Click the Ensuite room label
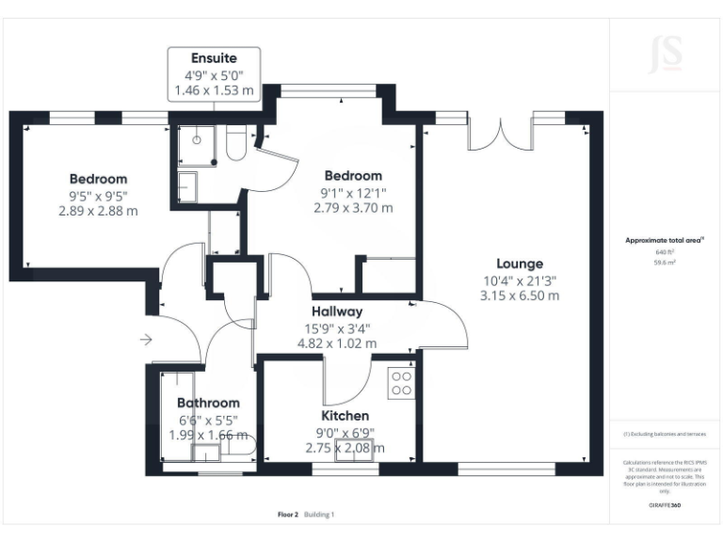click(214, 57)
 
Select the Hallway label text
click(336, 311)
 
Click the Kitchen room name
click(345, 415)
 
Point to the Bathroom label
click(209, 403)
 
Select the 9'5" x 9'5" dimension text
click(98, 196)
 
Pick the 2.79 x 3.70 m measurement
click(353, 208)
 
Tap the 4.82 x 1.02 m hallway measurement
click(336, 343)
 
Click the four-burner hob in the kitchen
click(401, 381)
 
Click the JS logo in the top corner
click(666, 54)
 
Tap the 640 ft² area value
click(666, 253)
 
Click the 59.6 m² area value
click(666, 264)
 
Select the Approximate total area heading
click(665, 241)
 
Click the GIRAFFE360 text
click(665, 505)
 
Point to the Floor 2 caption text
click(288, 515)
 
